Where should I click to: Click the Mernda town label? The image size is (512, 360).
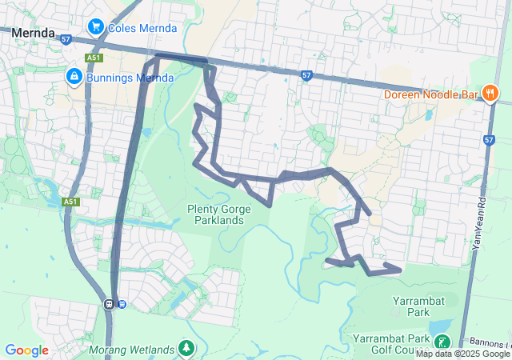tap(33, 34)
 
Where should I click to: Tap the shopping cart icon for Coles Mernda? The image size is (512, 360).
tap(96, 26)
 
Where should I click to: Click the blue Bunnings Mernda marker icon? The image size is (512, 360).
tap(74, 77)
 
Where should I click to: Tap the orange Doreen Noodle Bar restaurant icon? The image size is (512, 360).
tap(490, 94)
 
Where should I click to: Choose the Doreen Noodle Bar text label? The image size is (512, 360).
tap(430, 94)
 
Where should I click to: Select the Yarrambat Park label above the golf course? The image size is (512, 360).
tap(412, 306)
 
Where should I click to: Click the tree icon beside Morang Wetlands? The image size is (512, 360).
tap(186, 348)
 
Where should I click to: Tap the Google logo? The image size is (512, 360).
tap(27, 350)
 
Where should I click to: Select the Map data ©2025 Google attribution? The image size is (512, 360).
tap(462, 354)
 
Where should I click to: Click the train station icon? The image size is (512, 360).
tap(109, 303)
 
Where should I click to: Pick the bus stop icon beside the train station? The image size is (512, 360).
tap(122, 303)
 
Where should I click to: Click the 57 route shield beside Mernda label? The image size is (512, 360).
tap(66, 38)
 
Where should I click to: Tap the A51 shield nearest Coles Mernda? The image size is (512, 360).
tap(95, 57)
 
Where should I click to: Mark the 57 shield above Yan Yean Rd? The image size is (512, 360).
tap(490, 140)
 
